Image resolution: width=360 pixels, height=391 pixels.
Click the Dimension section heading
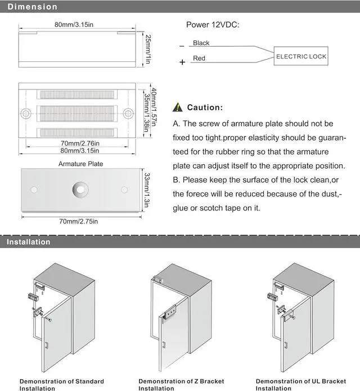(x=32, y=7)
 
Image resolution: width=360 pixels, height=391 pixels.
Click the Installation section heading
(x=29, y=242)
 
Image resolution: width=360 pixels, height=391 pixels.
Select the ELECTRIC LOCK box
(x=301, y=56)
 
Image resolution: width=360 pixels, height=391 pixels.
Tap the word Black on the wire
(x=201, y=43)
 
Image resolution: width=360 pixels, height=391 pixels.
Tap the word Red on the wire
(x=199, y=59)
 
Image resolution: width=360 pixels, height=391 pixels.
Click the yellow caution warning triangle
(x=178, y=107)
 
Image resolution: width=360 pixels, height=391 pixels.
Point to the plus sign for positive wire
(x=182, y=62)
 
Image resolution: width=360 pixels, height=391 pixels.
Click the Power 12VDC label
(x=212, y=25)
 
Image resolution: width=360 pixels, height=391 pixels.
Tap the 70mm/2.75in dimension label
(x=79, y=221)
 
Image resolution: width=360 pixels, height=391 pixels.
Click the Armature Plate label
(x=80, y=164)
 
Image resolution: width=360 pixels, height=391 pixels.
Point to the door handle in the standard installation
(x=47, y=345)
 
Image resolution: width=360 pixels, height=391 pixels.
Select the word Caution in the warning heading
(x=205, y=107)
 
